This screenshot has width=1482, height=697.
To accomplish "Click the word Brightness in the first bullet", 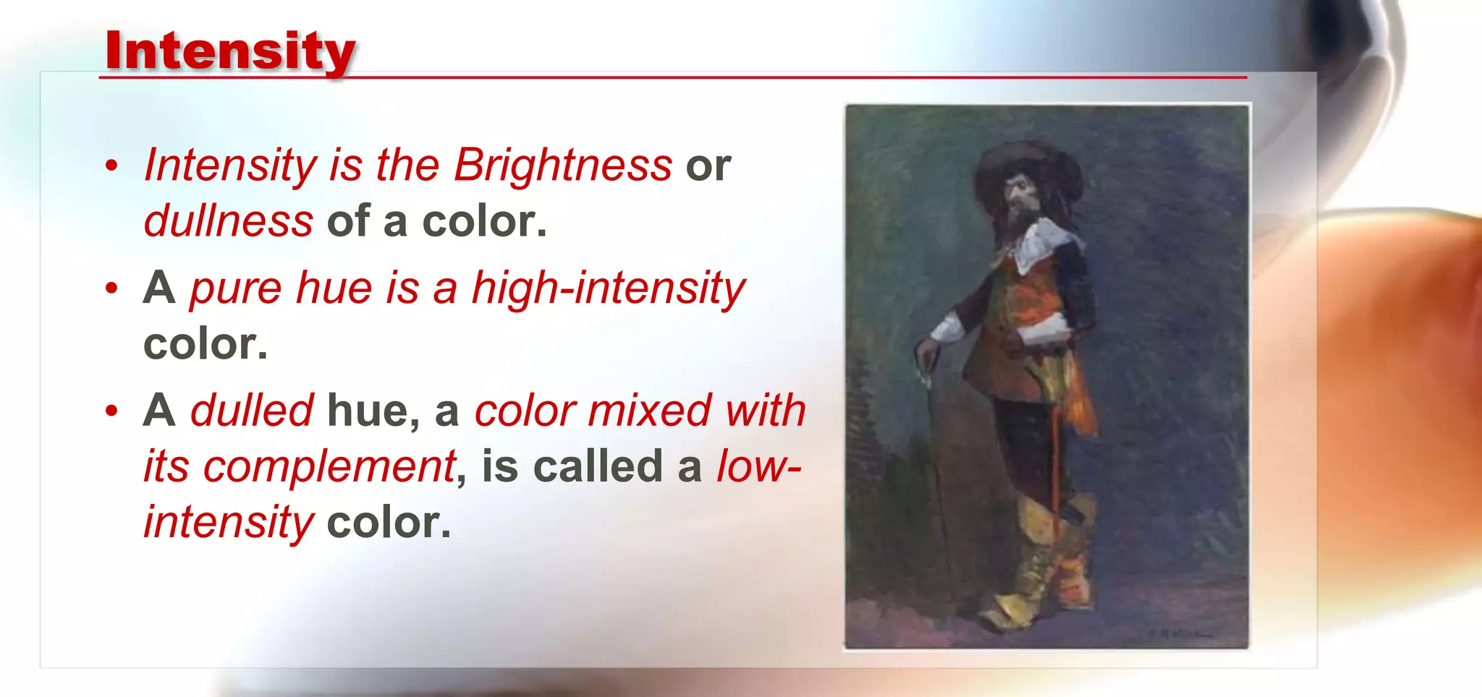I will [x=563, y=165].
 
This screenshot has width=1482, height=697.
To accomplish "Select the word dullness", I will [x=229, y=221].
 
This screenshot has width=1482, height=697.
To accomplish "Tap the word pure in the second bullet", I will [x=235, y=288].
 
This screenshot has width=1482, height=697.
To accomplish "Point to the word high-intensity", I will [x=608, y=288].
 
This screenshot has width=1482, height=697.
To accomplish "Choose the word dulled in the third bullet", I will [x=252, y=411].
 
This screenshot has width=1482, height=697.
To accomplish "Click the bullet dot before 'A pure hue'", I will [x=111, y=288].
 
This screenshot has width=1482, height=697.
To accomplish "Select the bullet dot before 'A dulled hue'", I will [x=111, y=411].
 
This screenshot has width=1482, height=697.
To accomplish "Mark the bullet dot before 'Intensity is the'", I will [x=111, y=166].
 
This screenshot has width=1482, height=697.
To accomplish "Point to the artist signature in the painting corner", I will [x=1180, y=634].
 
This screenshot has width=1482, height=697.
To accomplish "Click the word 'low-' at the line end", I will [x=758, y=466].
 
